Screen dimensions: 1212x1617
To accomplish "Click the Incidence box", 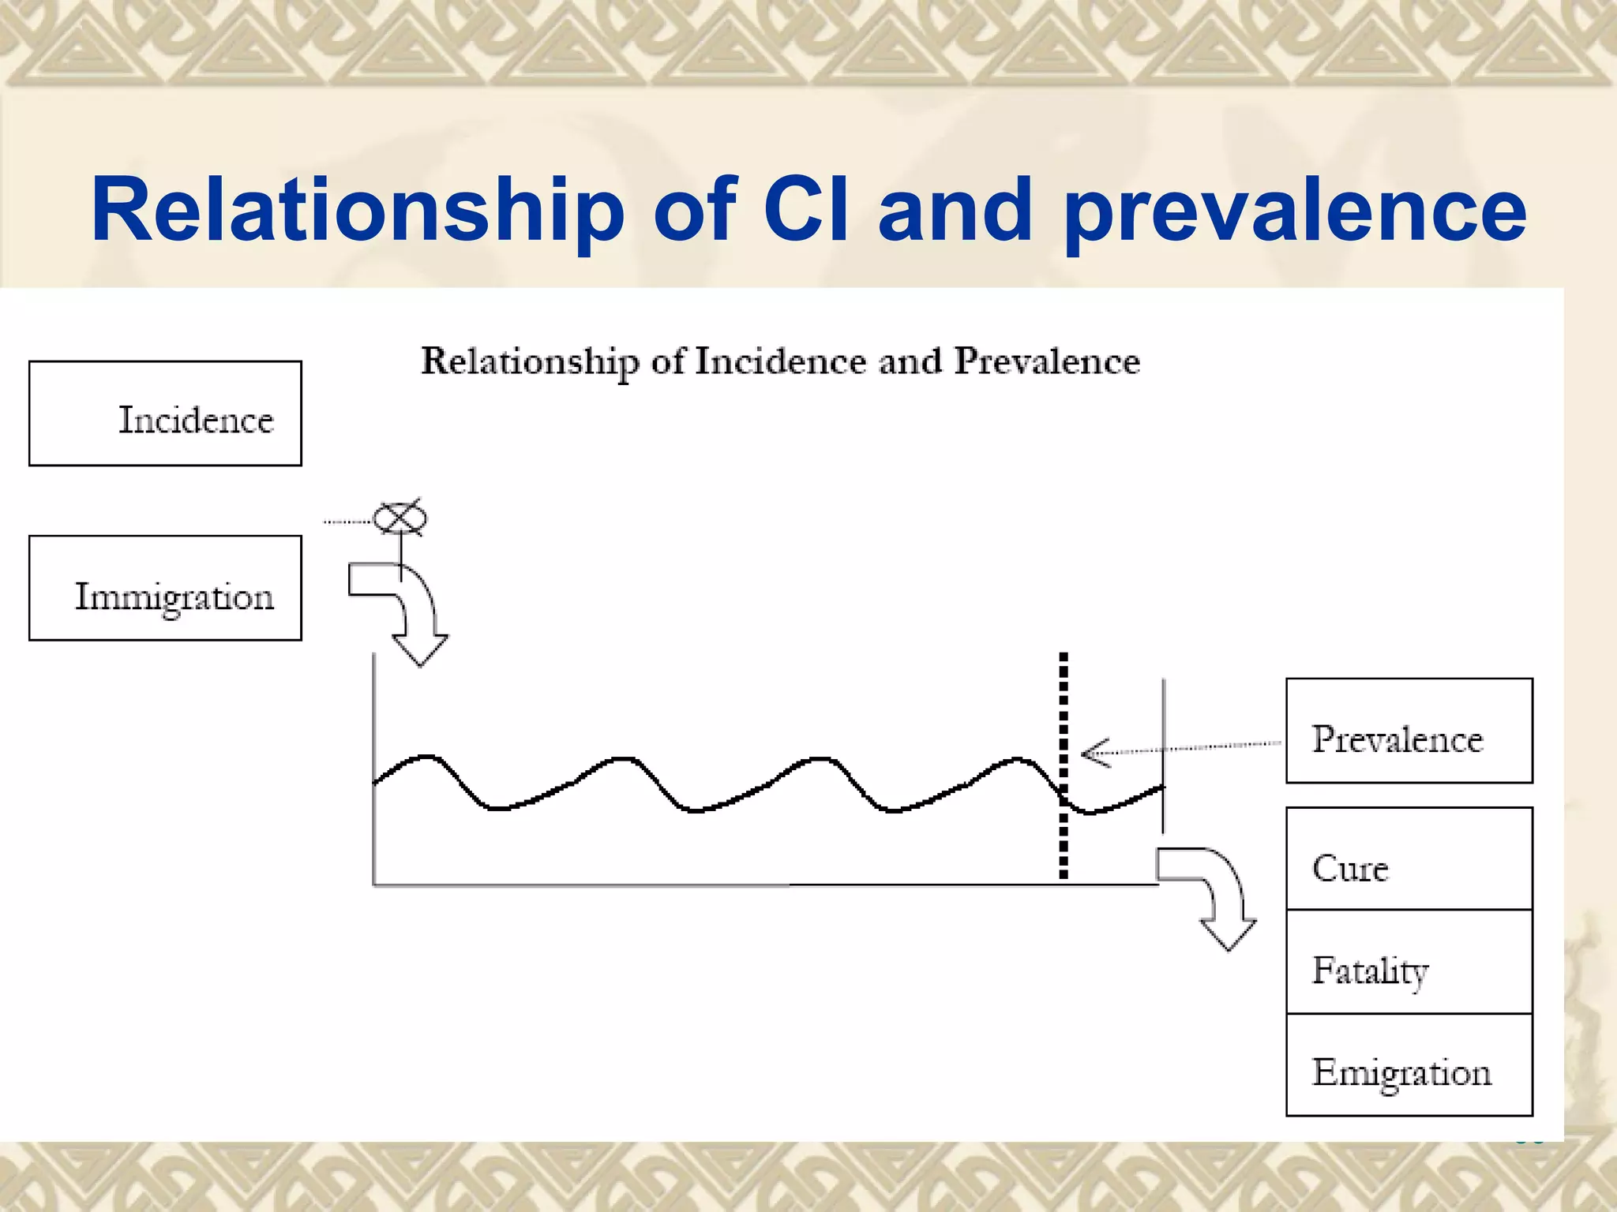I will point(165,413).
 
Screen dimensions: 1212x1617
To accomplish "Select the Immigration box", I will point(165,588).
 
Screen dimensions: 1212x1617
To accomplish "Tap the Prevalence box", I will point(1409,731).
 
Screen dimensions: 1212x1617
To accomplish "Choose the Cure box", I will point(1409,859).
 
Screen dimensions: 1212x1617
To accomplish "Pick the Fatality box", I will point(1409,962).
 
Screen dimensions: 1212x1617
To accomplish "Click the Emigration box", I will point(1409,1065).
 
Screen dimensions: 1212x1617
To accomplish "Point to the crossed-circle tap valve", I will point(400,518).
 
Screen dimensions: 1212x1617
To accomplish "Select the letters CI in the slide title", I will point(806,210).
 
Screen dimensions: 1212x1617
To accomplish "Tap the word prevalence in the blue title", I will point(1295,210).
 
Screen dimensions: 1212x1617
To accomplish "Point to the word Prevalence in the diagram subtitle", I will point(1047,361).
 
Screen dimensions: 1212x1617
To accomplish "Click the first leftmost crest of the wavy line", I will point(427,757).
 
